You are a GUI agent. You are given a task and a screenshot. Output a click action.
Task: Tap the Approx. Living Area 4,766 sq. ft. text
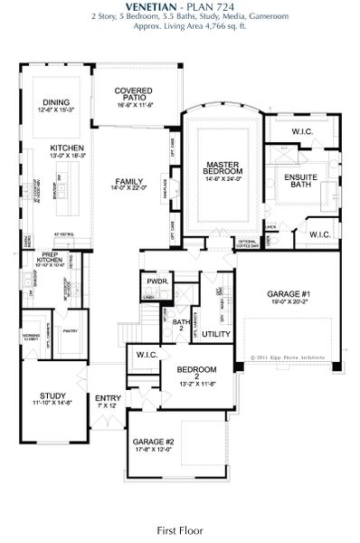click(180, 28)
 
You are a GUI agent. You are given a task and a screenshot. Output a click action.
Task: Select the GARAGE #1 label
click(290, 295)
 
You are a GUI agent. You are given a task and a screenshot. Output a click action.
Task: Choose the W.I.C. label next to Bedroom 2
click(147, 356)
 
